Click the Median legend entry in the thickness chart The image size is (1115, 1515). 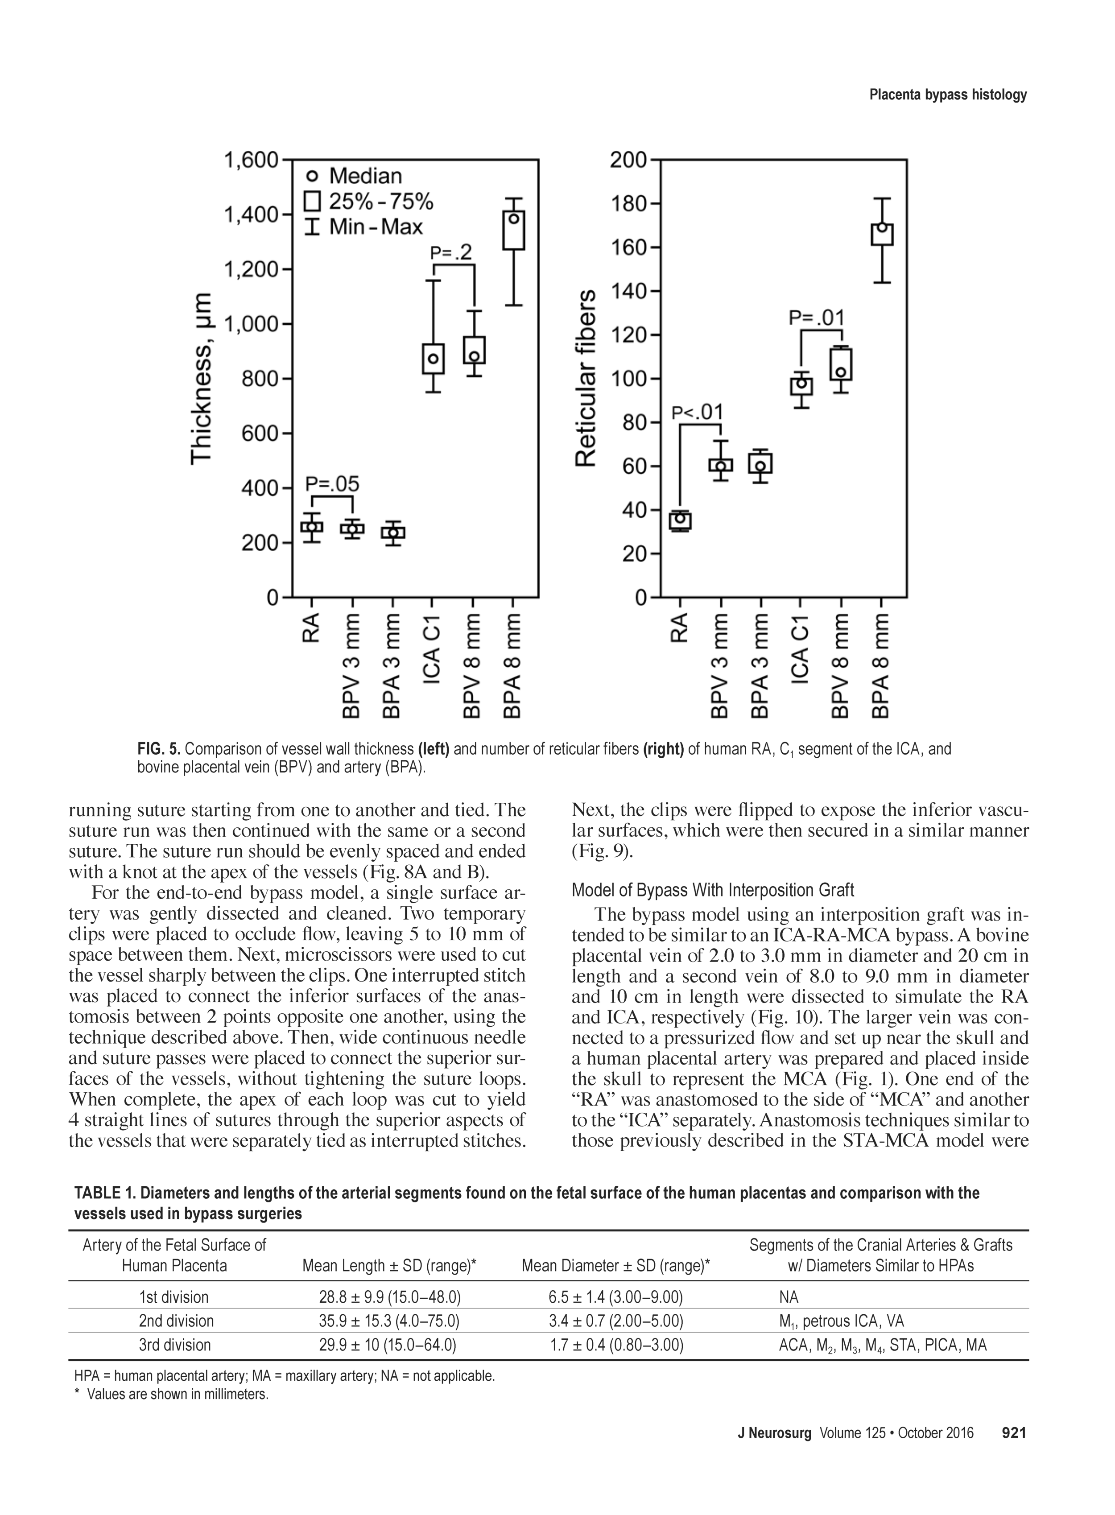coord(354,176)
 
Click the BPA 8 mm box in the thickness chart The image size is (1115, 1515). coord(514,230)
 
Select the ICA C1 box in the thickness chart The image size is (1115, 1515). coord(434,358)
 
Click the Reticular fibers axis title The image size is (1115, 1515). coord(586,378)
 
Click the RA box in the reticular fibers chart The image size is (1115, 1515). coord(680,520)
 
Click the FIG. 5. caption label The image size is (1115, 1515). coord(159,749)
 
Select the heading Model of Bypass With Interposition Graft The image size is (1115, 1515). coord(713,890)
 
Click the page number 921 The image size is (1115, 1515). coord(1014,1451)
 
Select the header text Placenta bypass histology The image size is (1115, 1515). coord(948,95)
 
